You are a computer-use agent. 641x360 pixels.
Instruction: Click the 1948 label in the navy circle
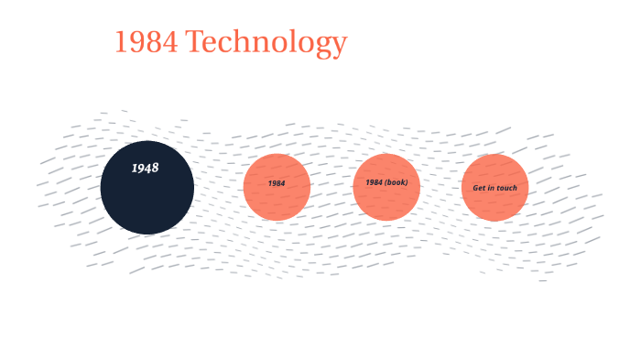(145, 169)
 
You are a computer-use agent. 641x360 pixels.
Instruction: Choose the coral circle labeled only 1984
(277, 187)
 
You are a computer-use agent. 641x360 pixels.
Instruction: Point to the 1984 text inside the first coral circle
(277, 183)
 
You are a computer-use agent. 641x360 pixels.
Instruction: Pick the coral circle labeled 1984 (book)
(386, 187)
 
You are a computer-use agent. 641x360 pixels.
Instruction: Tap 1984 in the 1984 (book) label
(374, 182)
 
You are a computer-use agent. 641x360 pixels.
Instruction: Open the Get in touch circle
(494, 187)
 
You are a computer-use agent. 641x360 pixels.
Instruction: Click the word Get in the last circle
(479, 188)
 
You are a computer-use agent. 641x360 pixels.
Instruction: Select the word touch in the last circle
(506, 188)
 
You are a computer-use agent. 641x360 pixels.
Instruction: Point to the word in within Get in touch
(490, 188)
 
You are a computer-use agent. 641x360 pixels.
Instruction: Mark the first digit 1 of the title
(120, 42)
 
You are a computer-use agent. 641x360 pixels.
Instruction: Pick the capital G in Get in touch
(475, 188)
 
